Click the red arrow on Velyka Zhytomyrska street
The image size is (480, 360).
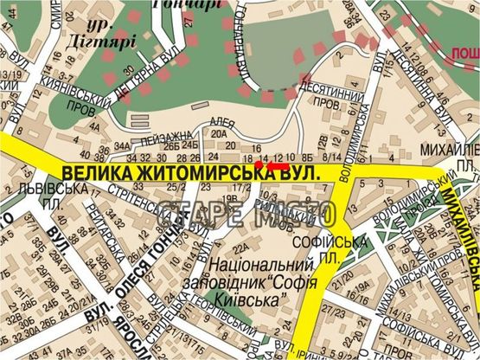277,164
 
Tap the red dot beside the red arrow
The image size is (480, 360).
259,164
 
